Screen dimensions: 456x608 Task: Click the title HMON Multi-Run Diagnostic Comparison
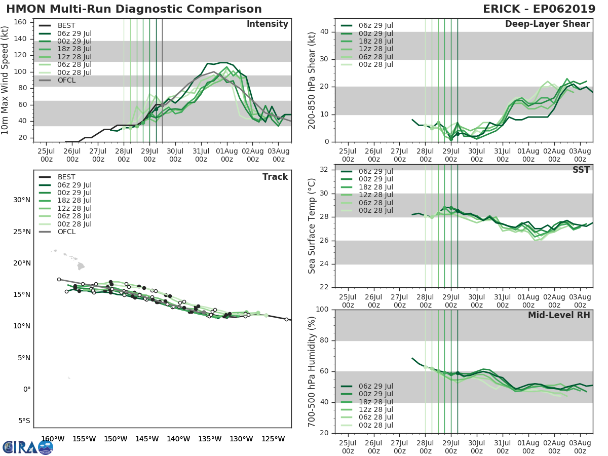(x=134, y=9)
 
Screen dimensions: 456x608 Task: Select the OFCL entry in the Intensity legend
(x=66, y=80)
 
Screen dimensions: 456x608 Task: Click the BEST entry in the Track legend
(x=66, y=177)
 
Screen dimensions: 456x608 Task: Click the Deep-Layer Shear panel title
(x=547, y=24)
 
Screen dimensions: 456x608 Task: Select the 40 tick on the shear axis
(x=325, y=32)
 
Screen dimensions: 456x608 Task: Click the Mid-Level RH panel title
(x=559, y=316)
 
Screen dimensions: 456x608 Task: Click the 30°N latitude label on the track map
(x=22, y=200)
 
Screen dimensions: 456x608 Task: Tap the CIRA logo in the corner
(x=27, y=447)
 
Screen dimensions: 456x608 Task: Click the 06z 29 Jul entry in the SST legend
(x=375, y=171)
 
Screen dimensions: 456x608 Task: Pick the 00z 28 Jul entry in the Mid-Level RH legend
(x=375, y=425)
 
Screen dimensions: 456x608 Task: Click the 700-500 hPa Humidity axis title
(x=312, y=371)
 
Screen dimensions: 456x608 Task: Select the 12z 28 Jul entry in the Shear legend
(x=375, y=49)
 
